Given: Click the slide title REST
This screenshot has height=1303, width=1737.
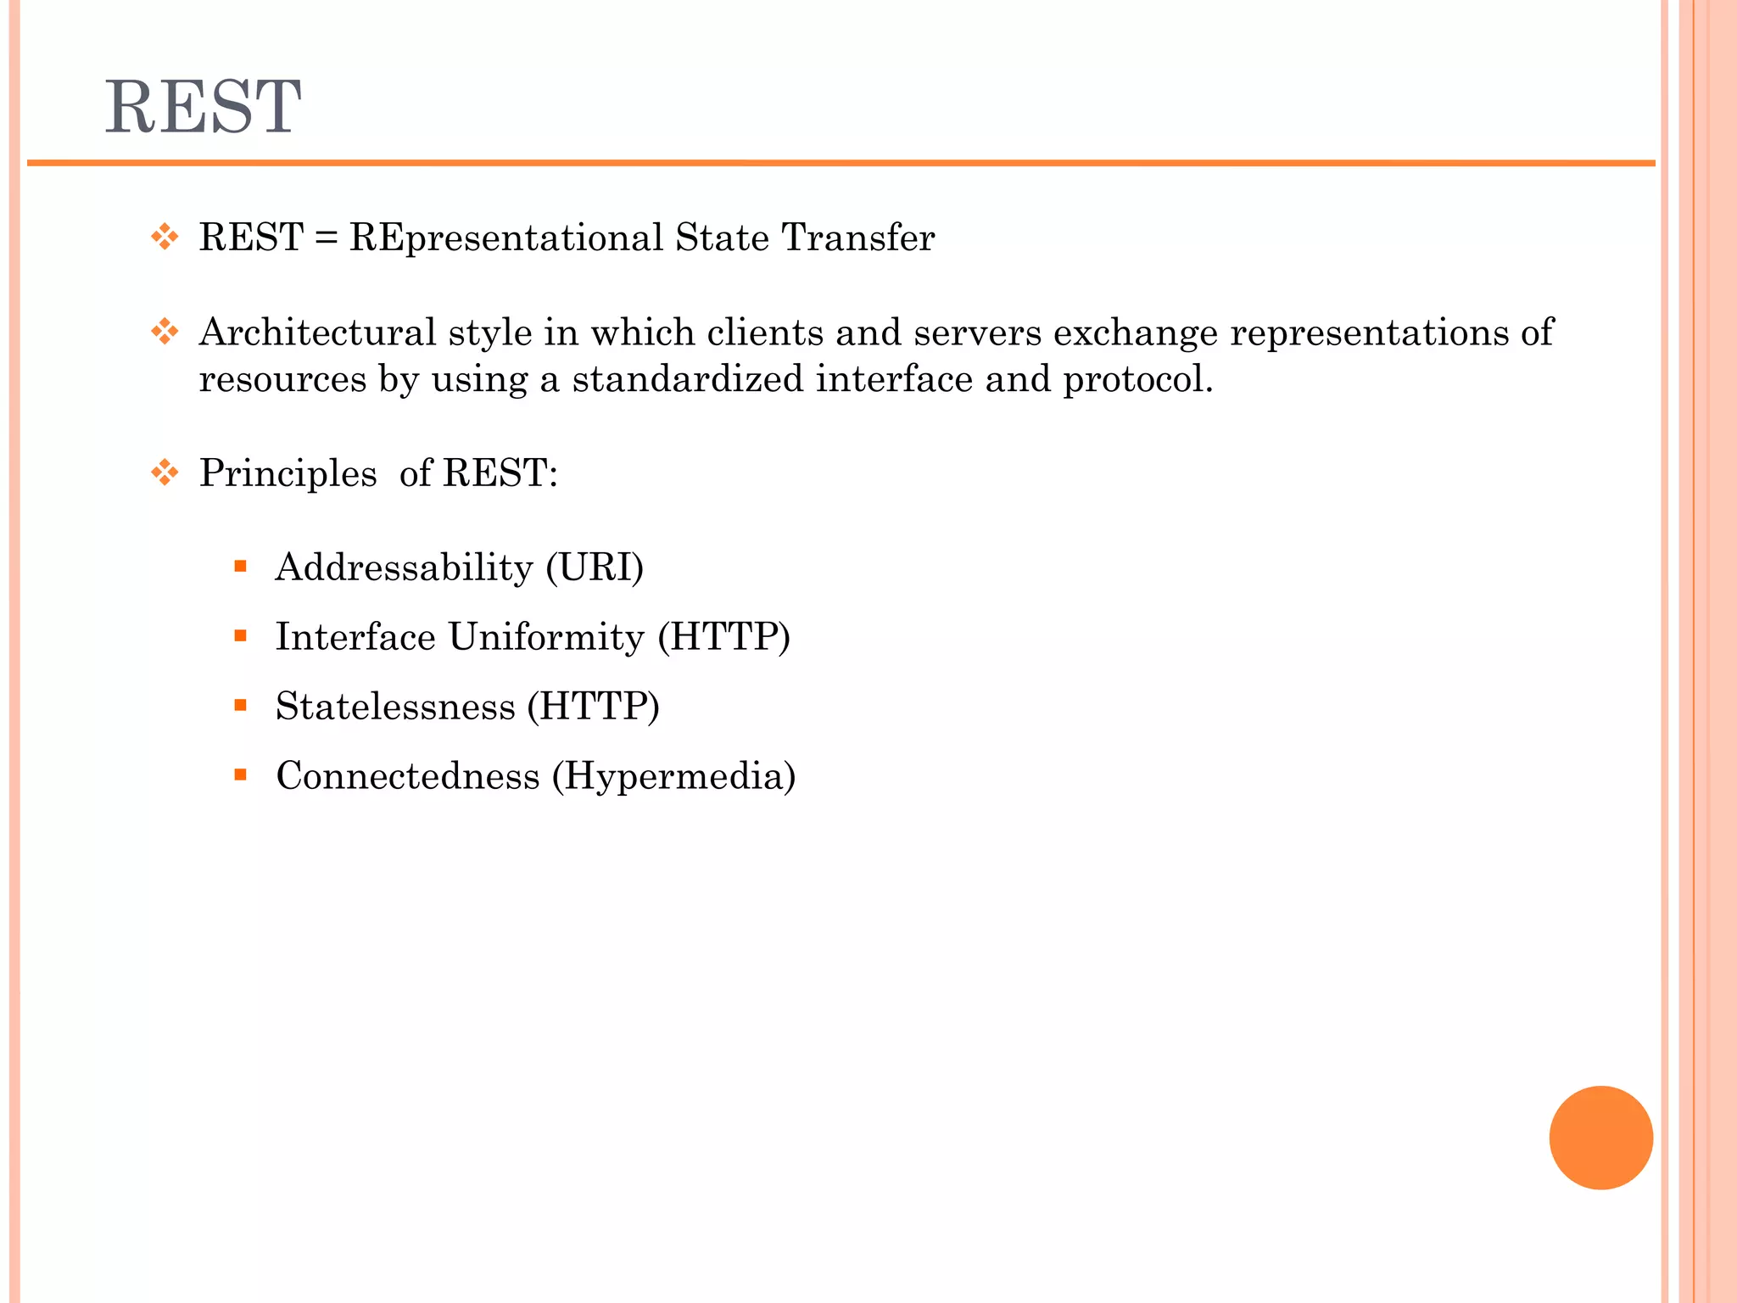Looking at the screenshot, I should pyautogui.click(x=203, y=107).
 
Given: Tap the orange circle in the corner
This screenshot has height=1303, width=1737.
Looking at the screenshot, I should pyautogui.click(x=1600, y=1138).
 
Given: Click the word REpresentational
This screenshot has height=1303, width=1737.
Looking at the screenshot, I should pyautogui.click(x=505, y=238).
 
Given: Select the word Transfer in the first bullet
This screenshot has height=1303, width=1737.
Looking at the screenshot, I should pyautogui.click(x=857, y=238).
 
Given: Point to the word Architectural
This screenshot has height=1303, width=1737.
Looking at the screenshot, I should pyautogui.click(x=317, y=332).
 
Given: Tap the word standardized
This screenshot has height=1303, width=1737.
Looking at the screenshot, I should pyautogui.click(x=687, y=378).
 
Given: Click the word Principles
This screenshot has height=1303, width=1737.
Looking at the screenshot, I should pyautogui.click(x=288, y=473).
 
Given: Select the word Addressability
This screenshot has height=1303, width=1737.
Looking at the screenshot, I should pyautogui.click(x=404, y=568).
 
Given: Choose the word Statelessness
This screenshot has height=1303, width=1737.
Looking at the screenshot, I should pyautogui.click(x=395, y=707).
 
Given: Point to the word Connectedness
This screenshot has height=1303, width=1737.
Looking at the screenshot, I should pyautogui.click(x=408, y=776).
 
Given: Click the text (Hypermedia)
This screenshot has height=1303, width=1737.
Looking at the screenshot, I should pyautogui.click(x=674, y=776).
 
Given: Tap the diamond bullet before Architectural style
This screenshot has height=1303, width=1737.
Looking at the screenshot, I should pyautogui.click(x=165, y=331).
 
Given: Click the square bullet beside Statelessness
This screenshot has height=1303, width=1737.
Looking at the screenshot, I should pyautogui.click(x=241, y=705).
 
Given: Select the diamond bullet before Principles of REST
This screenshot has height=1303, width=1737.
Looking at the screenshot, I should pyautogui.click(x=165, y=472).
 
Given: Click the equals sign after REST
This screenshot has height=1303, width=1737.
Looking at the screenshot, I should pyautogui.click(x=326, y=238).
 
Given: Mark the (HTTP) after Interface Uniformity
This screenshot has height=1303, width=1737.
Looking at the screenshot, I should pyautogui.click(x=724, y=637).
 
